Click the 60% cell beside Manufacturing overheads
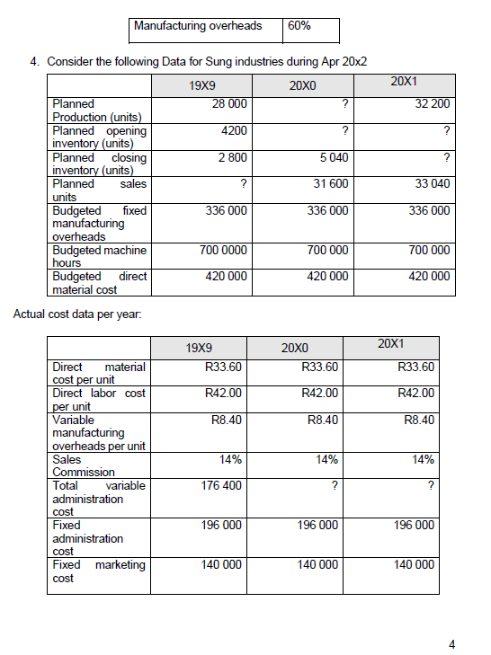point(299,26)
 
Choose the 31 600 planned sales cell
point(330,184)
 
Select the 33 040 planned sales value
point(432,184)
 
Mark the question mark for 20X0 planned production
point(345,104)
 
